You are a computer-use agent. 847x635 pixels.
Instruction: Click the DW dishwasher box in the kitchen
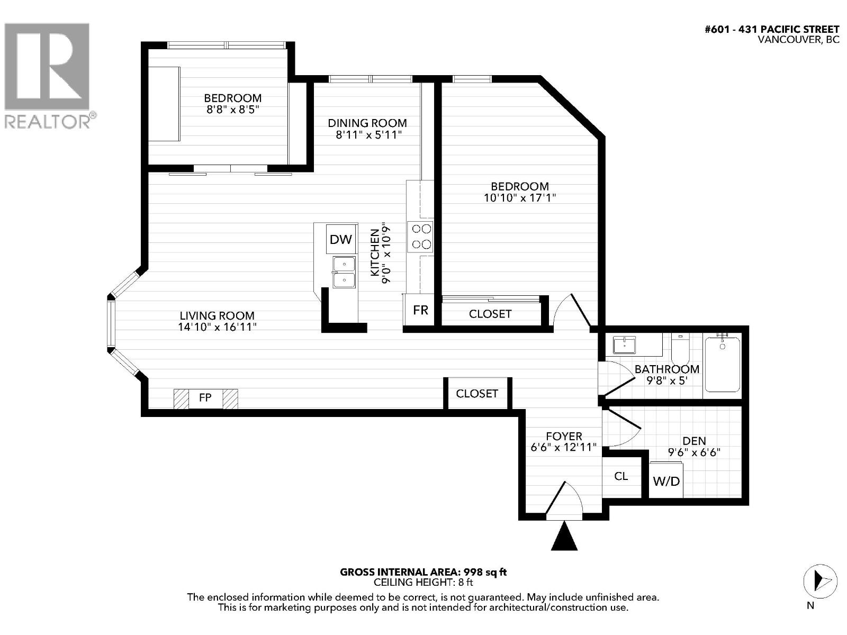[341, 239]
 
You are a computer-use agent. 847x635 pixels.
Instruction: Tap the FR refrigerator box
[420, 310]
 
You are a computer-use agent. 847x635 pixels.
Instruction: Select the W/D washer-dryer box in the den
[666, 481]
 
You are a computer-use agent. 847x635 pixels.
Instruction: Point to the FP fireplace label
[205, 397]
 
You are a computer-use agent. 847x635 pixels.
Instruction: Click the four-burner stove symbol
[421, 237]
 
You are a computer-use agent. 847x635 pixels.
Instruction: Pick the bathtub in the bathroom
[723, 365]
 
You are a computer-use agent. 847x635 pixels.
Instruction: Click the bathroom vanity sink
[624, 344]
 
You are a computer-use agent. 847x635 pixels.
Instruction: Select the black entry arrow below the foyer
[564, 536]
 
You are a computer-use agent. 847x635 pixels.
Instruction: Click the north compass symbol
[821, 582]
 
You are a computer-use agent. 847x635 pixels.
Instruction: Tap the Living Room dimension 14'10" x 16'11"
[217, 327]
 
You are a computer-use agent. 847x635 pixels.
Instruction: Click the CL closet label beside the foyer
[621, 477]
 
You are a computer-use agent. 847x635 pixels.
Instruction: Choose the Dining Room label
[367, 123]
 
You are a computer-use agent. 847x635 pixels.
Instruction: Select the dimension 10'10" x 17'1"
[520, 198]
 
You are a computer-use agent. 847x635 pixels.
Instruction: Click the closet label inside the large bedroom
[490, 314]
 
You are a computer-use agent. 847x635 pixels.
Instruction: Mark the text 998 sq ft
[485, 572]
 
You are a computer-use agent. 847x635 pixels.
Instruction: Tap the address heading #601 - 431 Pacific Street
[772, 30]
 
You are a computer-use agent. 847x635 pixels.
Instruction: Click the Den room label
[694, 441]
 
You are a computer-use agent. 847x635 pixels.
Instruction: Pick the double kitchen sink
[344, 272]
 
